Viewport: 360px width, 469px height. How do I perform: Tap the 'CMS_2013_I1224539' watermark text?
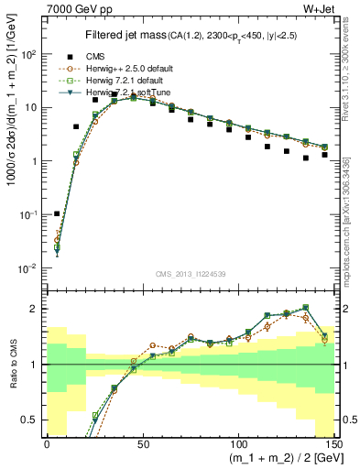189,273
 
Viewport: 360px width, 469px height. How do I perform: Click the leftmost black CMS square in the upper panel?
57,213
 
